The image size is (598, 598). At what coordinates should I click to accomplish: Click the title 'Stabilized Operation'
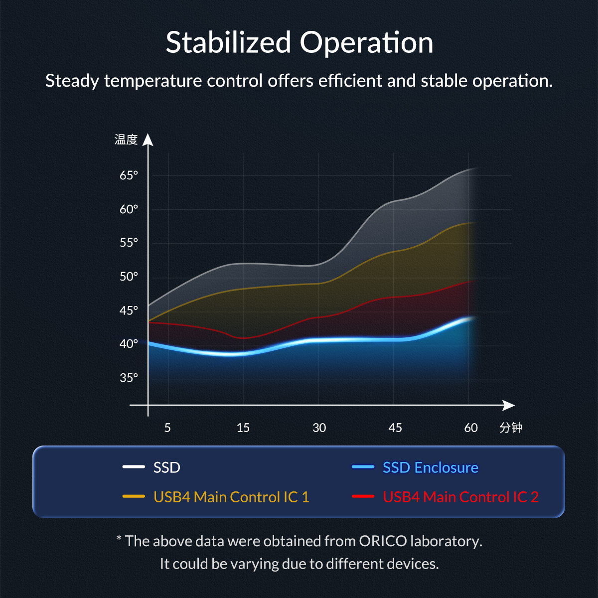tap(299, 42)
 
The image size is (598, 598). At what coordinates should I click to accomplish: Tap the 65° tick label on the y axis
tap(129, 175)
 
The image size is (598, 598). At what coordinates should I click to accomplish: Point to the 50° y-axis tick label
tap(129, 277)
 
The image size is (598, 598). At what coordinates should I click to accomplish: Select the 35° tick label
tap(129, 378)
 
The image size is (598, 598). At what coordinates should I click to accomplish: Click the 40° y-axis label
tap(129, 344)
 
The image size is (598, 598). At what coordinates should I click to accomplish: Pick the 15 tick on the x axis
tap(243, 428)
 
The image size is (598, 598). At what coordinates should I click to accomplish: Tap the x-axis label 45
tap(395, 428)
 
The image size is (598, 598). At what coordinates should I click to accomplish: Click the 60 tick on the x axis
tap(470, 428)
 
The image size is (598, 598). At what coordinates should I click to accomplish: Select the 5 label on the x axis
tap(167, 428)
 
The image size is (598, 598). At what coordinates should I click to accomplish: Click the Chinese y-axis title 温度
tap(126, 140)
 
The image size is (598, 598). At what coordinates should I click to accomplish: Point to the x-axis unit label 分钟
tap(511, 428)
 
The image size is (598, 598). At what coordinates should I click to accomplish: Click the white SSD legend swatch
tap(134, 467)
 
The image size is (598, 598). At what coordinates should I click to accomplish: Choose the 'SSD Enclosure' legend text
tap(430, 467)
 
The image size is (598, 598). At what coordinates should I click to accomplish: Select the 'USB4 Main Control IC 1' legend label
tap(231, 497)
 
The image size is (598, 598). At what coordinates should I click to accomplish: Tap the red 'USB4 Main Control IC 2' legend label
tap(460, 497)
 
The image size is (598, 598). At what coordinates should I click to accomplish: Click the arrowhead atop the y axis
tap(148, 140)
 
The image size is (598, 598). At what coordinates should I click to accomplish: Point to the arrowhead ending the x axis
tap(509, 405)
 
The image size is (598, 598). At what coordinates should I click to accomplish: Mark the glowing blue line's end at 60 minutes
tap(471, 318)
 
